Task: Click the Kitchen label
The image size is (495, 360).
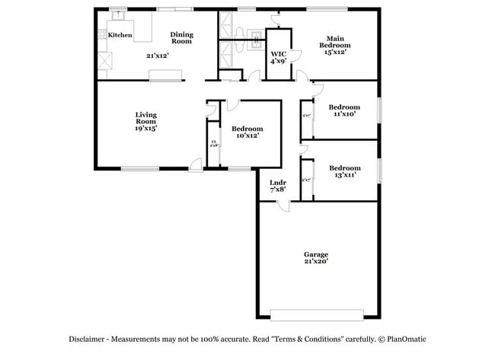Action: [120, 35]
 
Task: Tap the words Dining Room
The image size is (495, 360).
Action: [181, 37]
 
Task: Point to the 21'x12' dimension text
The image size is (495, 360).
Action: [158, 56]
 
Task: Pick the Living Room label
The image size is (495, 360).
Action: [145, 118]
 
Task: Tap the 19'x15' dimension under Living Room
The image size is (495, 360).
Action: [145, 129]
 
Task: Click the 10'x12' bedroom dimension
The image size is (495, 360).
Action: [247, 136]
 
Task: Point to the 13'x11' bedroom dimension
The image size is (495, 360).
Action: [344, 175]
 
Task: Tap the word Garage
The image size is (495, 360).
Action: [316, 254]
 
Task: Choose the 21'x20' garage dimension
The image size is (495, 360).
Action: [316, 262]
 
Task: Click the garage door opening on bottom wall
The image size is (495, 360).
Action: [317, 313]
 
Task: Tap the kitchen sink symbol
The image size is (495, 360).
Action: [117, 15]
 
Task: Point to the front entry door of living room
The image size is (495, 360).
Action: [196, 164]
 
